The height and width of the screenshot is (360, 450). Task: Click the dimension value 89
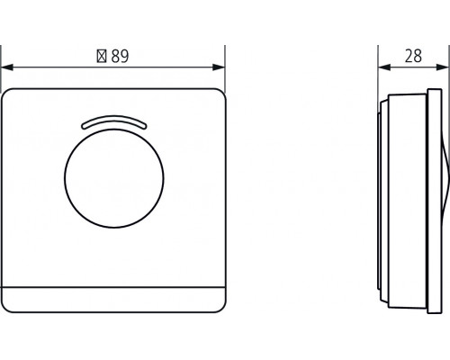click(120, 56)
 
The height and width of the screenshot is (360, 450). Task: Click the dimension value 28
click(413, 56)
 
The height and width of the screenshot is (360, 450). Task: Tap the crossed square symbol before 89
click(102, 56)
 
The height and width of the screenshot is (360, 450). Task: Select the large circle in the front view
click(114, 178)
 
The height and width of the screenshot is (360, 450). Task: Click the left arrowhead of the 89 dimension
click(7, 67)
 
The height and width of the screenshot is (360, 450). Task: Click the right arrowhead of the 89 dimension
click(219, 67)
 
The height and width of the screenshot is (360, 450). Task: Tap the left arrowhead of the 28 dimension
click(384, 67)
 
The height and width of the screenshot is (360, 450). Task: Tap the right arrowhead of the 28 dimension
click(444, 67)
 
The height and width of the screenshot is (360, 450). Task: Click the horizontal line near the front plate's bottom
click(113, 287)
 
